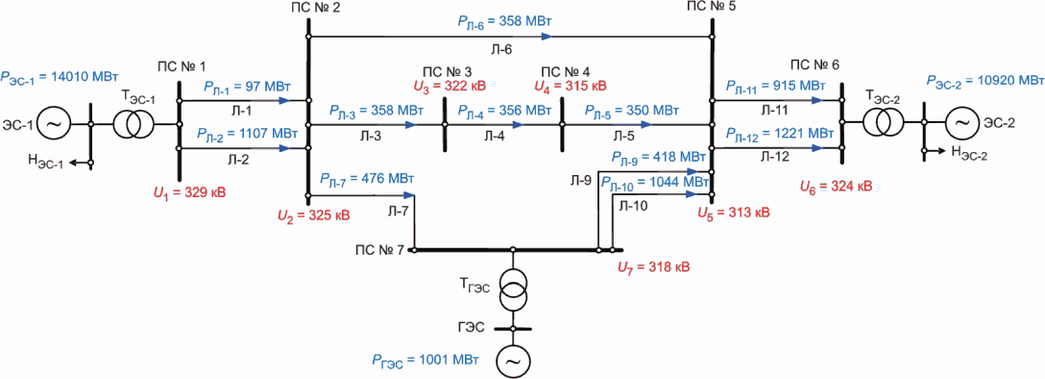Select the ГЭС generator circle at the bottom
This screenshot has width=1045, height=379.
pyautogui.click(x=513, y=362)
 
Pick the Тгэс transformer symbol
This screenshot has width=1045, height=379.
pyautogui.click(x=513, y=291)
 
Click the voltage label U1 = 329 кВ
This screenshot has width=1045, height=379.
pyautogui.click(x=190, y=194)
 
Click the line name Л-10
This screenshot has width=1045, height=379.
pyautogui.click(x=633, y=207)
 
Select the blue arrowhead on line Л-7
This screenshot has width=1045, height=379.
pyautogui.click(x=408, y=195)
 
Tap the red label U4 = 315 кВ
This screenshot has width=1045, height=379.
pyautogui.click(x=571, y=86)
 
